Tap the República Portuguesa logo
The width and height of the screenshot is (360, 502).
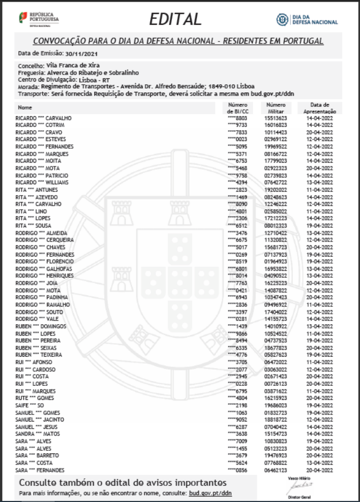pyautogui.click(x=38, y=19)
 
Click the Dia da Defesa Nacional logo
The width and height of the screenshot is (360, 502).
pyautogui.click(x=307, y=20)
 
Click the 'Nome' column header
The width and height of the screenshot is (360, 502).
pyautogui.click(x=25, y=107)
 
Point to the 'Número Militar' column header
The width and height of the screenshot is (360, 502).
pyautogui.click(x=276, y=108)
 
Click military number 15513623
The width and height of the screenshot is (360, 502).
pyautogui.click(x=276, y=118)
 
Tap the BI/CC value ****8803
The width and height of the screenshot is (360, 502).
pyautogui.click(x=237, y=118)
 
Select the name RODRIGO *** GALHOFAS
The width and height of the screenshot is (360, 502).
pyautogui.click(x=44, y=269)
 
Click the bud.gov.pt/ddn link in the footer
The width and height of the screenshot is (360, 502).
pyautogui.click(x=210, y=494)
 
